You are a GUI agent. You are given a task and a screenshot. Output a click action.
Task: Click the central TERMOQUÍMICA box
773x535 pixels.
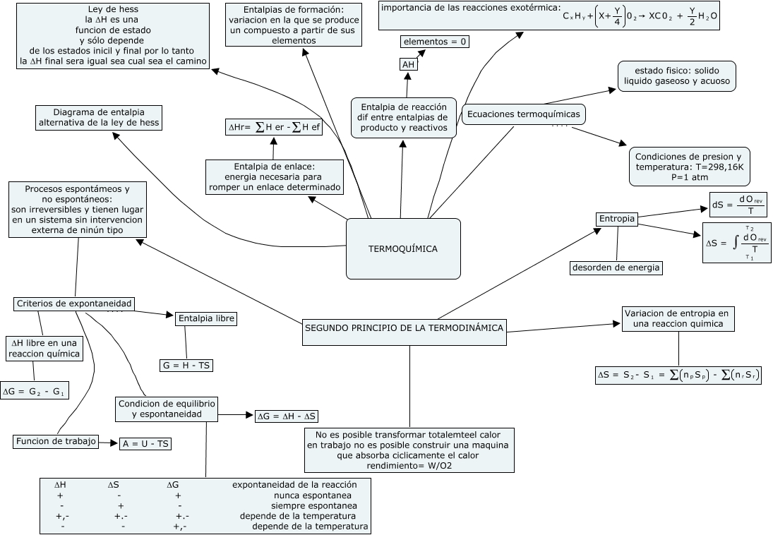(x=403, y=248)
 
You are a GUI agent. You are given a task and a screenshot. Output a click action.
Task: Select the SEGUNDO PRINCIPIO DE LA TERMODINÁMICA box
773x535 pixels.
(x=404, y=328)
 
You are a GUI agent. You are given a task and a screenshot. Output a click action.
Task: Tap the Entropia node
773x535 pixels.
(x=617, y=220)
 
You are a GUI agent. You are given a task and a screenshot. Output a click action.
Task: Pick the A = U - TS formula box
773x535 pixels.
(x=146, y=444)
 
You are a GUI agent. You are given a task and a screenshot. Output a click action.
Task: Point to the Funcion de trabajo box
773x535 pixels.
(x=55, y=442)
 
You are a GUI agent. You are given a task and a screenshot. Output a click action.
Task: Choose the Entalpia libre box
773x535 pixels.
(x=205, y=319)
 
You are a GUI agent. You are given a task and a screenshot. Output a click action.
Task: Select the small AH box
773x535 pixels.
(x=408, y=65)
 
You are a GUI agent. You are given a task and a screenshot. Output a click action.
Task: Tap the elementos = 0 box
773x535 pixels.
(x=436, y=42)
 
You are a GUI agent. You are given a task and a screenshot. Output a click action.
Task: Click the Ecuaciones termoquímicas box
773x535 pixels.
(x=523, y=114)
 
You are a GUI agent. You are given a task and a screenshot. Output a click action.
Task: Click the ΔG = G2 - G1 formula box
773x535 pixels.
(x=35, y=390)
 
